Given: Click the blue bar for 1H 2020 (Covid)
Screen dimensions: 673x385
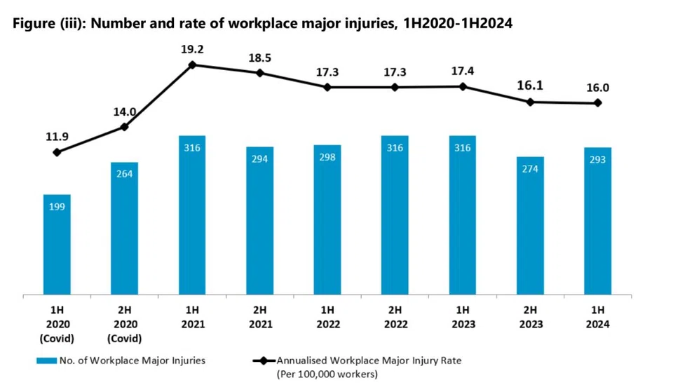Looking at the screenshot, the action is coord(57,245).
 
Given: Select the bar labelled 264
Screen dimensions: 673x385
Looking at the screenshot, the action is coord(125,229).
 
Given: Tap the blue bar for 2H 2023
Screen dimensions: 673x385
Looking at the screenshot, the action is coord(530,226).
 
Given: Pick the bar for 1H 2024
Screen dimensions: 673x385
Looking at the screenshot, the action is coord(597,221).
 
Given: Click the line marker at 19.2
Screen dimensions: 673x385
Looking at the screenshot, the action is coord(192,65).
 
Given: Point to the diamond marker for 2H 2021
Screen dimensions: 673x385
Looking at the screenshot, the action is coord(259,73).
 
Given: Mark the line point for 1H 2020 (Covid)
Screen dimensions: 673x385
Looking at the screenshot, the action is coord(57,152).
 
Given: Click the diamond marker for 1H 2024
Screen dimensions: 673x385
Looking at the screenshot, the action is coord(597,103).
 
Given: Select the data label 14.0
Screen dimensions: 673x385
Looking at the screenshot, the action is coord(125,112).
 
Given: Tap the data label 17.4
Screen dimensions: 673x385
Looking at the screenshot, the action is coord(462,72).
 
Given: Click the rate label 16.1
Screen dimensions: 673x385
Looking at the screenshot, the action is coord(530,86).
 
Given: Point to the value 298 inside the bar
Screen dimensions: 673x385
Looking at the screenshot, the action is coord(327,157).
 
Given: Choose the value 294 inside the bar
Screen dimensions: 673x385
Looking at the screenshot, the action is coord(259,159).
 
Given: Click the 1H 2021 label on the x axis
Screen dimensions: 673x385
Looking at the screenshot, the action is coord(193,317).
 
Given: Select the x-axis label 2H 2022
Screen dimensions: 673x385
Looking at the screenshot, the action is coord(395,317).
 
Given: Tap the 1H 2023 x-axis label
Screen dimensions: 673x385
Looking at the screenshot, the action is coord(463,317).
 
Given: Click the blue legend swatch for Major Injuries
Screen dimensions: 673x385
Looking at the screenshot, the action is coord(46,360).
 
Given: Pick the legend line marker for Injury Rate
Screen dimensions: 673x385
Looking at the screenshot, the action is coord(264,360).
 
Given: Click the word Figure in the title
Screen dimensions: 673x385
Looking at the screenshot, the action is coord(34,23).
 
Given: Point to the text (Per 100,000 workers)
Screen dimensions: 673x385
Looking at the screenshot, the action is coord(327,374).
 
